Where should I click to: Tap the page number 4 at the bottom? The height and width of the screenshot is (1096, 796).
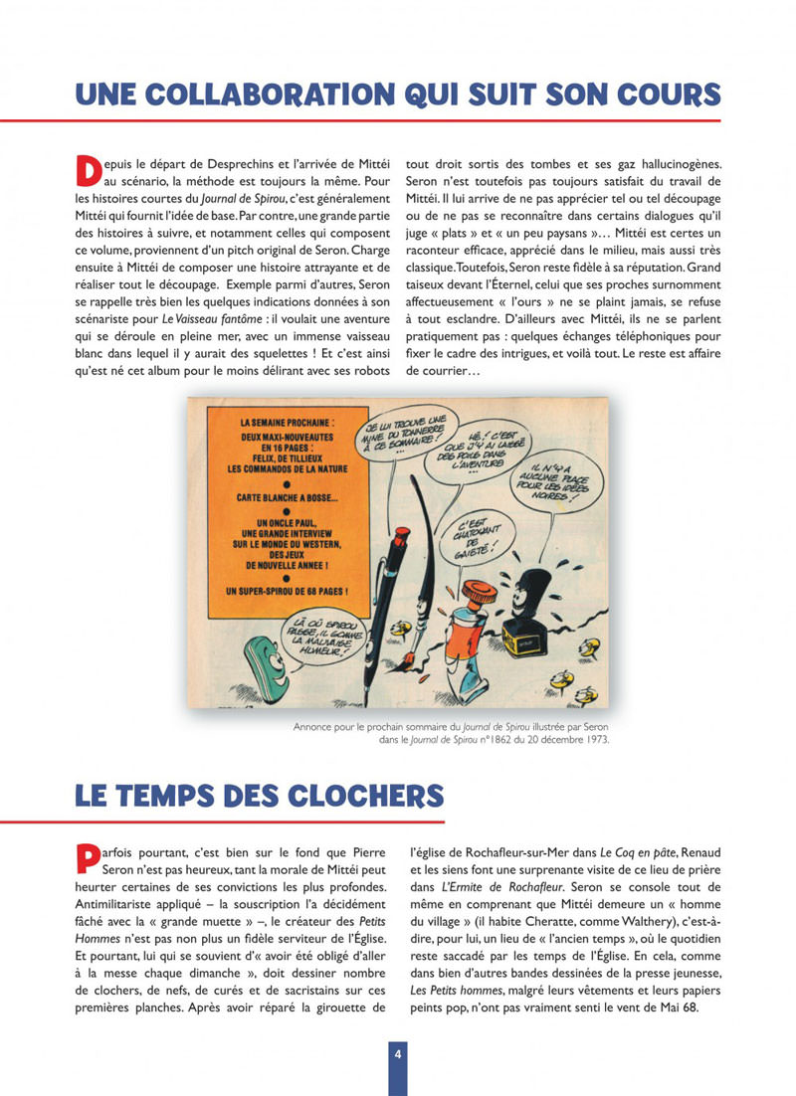pyautogui.click(x=397, y=1054)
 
